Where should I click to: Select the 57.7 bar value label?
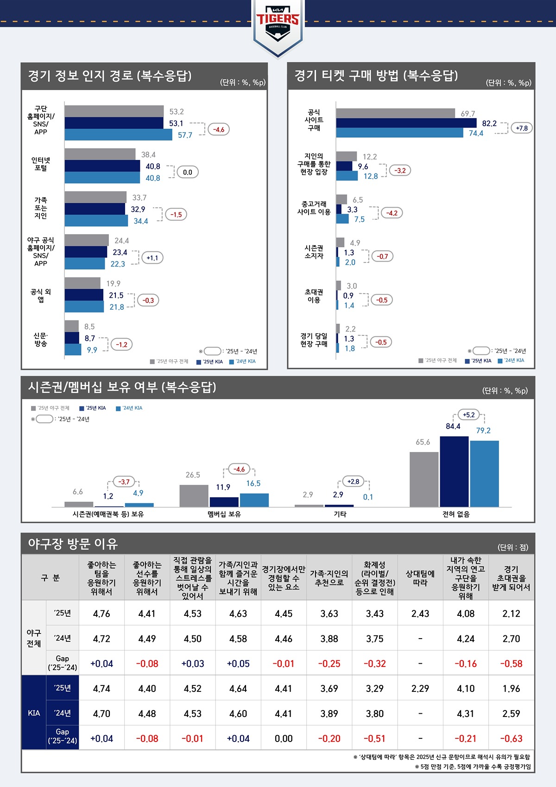pyautogui.click(x=185, y=135)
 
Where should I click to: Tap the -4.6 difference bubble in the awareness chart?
pyautogui.click(x=219, y=129)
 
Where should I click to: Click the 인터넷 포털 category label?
pyautogui.click(x=41, y=164)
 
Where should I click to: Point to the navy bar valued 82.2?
pyautogui.click(x=406, y=123)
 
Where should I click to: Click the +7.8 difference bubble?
pyautogui.click(x=521, y=128)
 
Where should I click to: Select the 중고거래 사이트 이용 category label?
pyautogui.click(x=314, y=208)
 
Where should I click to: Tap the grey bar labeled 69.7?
pyautogui.click(x=395, y=113)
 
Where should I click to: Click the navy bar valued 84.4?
pyautogui.click(x=454, y=471)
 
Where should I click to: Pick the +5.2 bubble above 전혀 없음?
pyautogui.click(x=468, y=415)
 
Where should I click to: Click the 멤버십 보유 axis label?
pyautogui.click(x=224, y=514)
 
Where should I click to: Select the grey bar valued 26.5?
pyautogui.click(x=194, y=496)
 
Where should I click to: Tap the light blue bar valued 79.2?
pyautogui.click(x=484, y=473)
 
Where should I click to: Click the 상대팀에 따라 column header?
pyautogui.click(x=420, y=578)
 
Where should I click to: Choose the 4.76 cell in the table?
pyautogui.click(x=101, y=614)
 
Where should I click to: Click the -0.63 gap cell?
pyautogui.click(x=511, y=738)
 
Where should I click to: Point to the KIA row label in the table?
pyautogui.click(x=34, y=713)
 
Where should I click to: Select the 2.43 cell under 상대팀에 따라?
pyautogui.click(x=420, y=614)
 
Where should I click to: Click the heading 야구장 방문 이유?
pyautogui.click(x=73, y=544)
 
